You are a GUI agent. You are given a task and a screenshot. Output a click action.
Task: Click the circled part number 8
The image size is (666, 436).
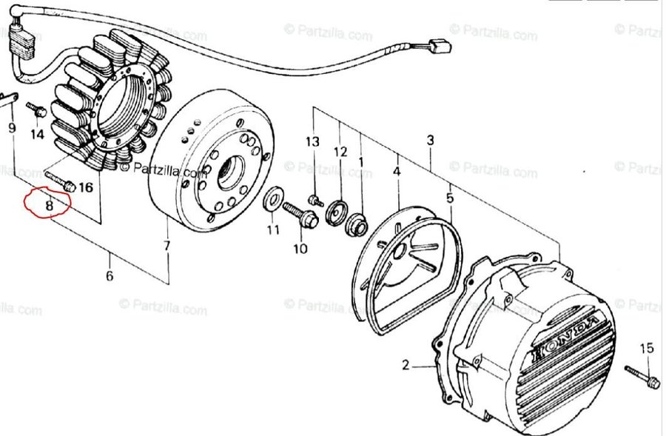click(49, 205)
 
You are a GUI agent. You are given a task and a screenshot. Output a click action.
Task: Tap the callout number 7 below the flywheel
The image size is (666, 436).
click(167, 245)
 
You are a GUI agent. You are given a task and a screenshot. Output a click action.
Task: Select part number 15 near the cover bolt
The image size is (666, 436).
click(647, 348)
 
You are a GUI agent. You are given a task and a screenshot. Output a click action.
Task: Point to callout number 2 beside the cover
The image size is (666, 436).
click(406, 364)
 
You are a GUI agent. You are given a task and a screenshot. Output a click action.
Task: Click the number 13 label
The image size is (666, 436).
click(313, 141)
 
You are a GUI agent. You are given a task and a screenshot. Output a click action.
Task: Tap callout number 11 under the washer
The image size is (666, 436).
click(274, 229)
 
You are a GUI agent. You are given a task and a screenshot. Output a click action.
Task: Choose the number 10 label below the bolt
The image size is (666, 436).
click(300, 249)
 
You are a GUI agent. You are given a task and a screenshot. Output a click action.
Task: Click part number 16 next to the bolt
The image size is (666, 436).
click(86, 187)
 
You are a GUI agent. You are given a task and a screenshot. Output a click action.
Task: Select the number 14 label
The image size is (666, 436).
click(37, 135)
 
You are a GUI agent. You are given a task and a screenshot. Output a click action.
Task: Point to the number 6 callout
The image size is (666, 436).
click(110, 276)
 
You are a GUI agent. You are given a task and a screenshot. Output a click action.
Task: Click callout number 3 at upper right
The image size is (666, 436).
click(430, 140)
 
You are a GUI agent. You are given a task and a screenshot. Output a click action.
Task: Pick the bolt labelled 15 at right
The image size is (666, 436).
click(641, 375)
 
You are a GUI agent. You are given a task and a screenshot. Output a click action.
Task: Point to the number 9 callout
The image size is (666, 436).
click(11, 127)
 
